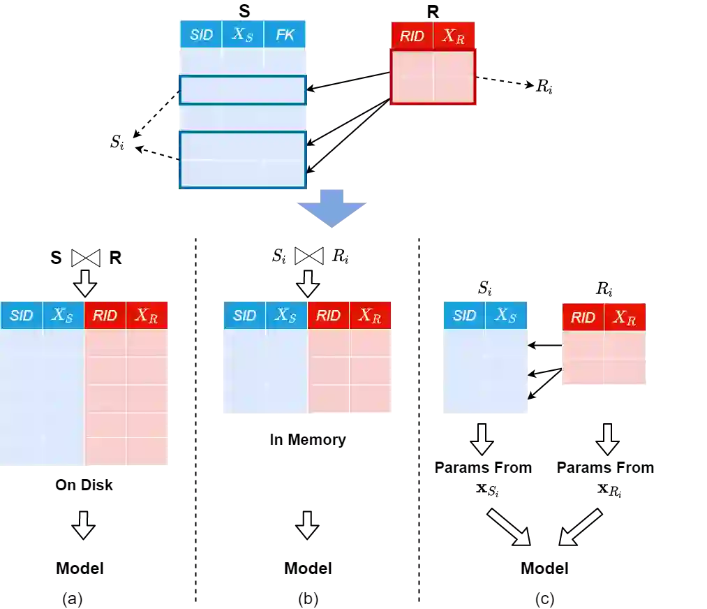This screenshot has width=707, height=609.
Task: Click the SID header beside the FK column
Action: pos(201,35)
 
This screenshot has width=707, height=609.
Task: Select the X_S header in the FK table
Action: pos(243,35)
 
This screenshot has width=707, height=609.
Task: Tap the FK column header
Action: pos(285,35)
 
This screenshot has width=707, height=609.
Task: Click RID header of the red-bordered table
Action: pos(412,36)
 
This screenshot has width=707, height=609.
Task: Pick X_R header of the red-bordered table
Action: pos(454,36)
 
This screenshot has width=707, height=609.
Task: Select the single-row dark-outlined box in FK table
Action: pos(243,90)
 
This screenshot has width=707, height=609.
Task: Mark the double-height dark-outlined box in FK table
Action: pos(243,160)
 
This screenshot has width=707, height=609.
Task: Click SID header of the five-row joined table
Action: pos(22,316)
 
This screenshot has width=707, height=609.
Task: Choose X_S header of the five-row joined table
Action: pos(63,316)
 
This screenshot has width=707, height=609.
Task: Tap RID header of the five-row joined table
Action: pos(105,316)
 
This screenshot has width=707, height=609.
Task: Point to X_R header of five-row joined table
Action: pos(147,316)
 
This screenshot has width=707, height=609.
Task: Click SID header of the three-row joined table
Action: pos(244,316)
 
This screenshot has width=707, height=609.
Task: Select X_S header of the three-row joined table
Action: pos(286,316)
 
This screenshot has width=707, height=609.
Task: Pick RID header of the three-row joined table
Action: pos(328,316)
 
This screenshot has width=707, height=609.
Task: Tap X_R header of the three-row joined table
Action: pos(370,316)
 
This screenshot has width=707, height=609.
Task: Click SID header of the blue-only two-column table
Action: pos(464,316)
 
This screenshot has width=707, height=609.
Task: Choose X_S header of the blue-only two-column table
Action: pos(506,316)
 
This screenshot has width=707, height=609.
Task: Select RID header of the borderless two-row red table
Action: pos(583,318)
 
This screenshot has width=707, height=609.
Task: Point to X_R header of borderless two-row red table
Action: pos(625,318)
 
